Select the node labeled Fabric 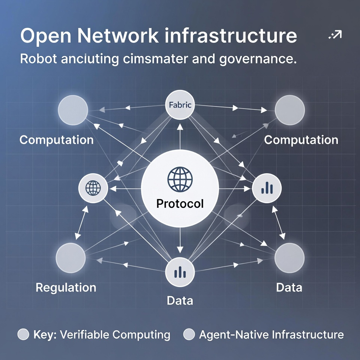coord(180,105)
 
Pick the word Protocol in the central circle coord(180,204)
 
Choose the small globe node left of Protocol coord(93,187)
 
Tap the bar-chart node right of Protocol coord(267,187)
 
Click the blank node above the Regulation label coord(71,258)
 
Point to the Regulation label coord(66,288)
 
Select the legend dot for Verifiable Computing coord(24,334)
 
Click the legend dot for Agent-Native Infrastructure coord(189,334)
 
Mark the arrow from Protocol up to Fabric coord(180,135)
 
